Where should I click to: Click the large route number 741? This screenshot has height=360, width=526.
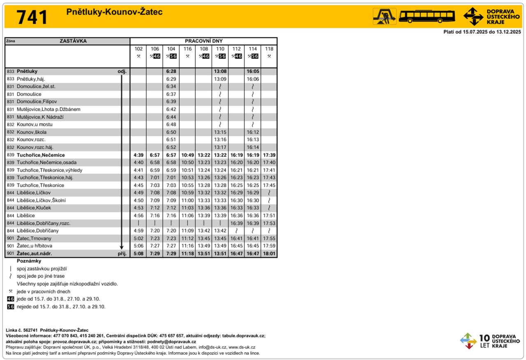click(32, 17)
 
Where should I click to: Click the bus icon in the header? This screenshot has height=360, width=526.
click(427, 16)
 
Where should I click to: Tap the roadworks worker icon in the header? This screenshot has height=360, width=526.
click(384, 16)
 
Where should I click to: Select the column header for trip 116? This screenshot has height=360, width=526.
click(187, 49)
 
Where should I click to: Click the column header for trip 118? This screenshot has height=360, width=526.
click(269, 49)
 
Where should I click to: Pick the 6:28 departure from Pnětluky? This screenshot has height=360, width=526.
click(171, 71)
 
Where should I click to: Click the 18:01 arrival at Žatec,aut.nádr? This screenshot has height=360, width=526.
click(269, 254)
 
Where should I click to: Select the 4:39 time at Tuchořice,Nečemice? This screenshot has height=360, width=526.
click(138, 155)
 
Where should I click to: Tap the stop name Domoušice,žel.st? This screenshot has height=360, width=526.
click(36, 86)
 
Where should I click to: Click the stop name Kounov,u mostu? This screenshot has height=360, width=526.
click(35, 125)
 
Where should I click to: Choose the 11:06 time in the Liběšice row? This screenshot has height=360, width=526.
click(187, 215)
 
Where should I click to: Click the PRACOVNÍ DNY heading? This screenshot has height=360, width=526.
click(203, 41)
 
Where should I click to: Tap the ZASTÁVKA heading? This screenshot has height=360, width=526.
click(73, 41)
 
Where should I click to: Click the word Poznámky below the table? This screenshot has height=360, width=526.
click(29, 261)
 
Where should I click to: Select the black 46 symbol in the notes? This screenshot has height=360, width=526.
click(11, 299)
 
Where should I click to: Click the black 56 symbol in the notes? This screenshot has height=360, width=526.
click(11, 307)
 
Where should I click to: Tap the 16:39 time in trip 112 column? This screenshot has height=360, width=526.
click(236, 223)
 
